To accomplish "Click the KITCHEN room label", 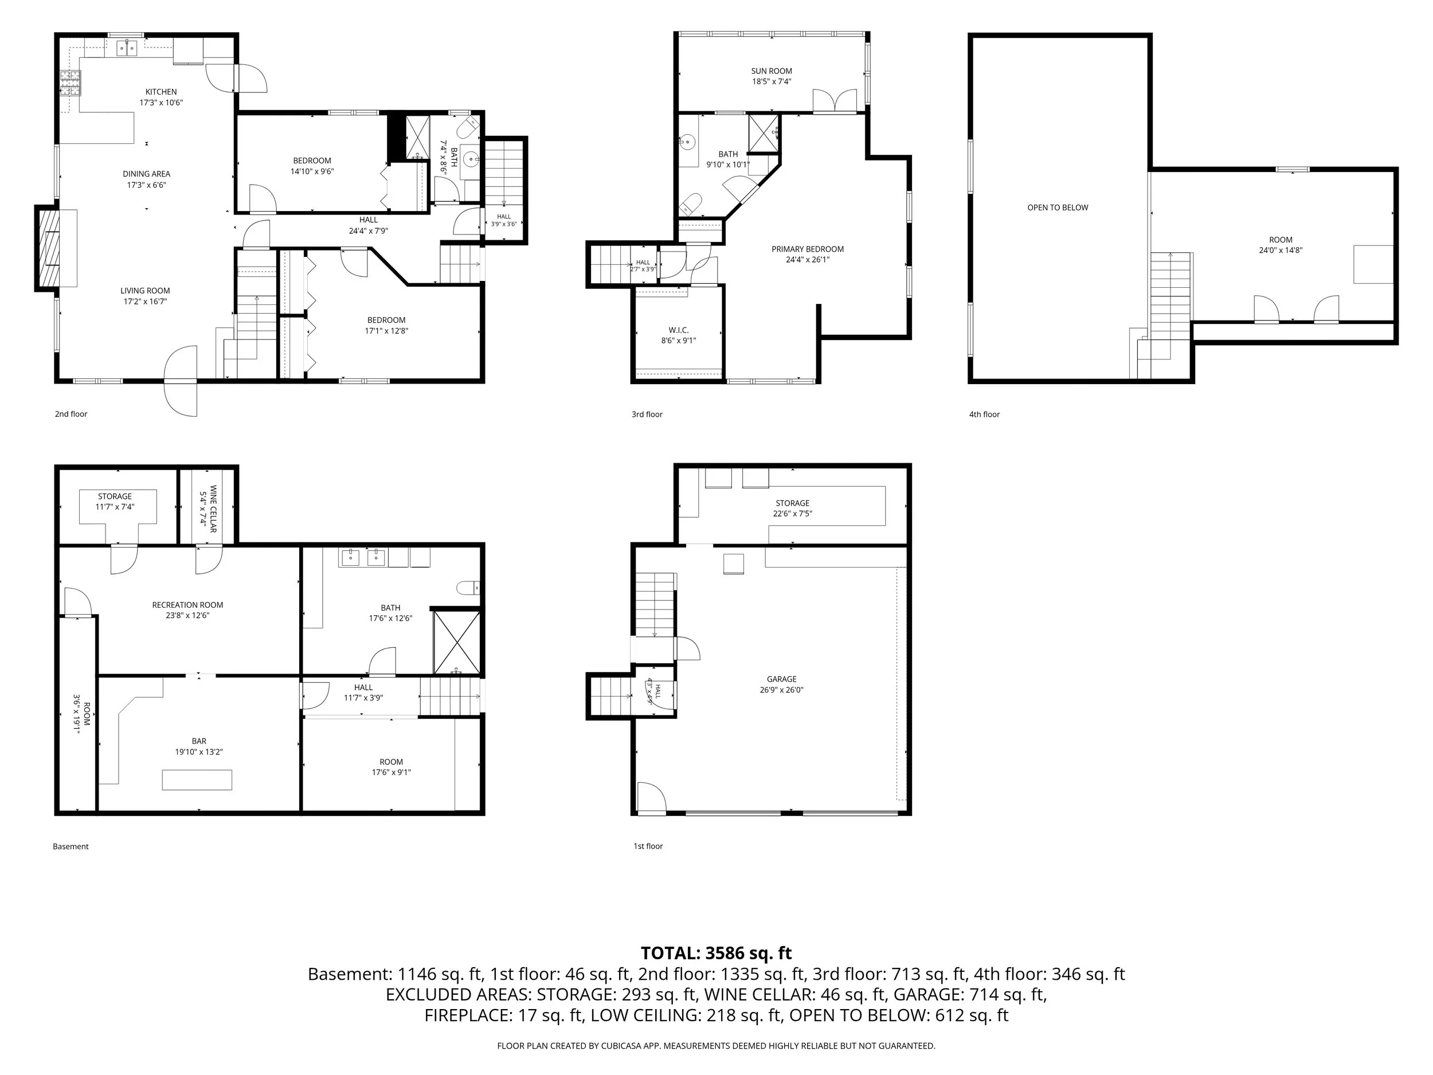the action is click(x=160, y=92).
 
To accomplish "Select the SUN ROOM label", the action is click(x=772, y=71).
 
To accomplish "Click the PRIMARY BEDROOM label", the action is click(x=807, y=249).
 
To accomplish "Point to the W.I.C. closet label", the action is click(x=678, y=330).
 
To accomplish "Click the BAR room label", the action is click(x=199, y=741).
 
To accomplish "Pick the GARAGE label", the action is click(x=781, y=679).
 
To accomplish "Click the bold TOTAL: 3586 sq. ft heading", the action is click(x=716, y=953).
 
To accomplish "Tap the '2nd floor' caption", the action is click(x=71, y=414).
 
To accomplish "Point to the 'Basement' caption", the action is click(x=71, y=846).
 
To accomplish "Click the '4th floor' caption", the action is click(x=984, y=415).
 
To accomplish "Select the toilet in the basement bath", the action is click(x=468, y=588).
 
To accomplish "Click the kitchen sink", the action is click(x=127, y=48).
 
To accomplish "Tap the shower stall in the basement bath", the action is click(x=457, y=642).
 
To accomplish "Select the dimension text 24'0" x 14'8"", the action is click(x=1280, y=250).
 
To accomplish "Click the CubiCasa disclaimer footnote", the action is click(x=716, y=1046).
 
